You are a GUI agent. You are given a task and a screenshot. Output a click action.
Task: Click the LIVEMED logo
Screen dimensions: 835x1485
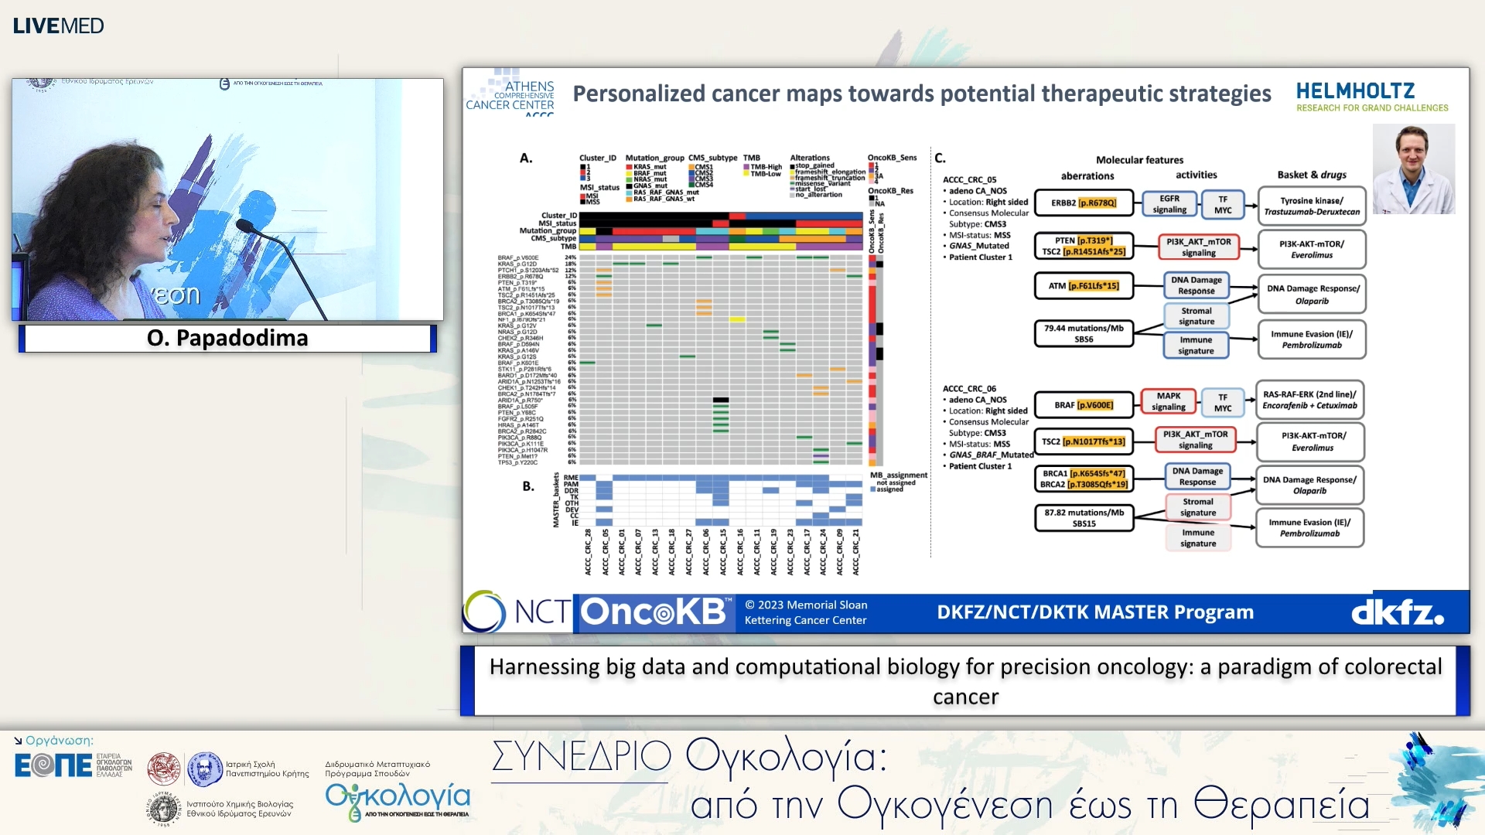[58, 26]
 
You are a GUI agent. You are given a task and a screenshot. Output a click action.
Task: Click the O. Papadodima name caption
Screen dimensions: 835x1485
[227, 338]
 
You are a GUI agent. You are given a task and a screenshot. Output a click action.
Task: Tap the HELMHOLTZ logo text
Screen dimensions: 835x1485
[1355, 91]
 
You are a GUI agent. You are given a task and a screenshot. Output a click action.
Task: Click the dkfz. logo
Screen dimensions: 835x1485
[1397, 613]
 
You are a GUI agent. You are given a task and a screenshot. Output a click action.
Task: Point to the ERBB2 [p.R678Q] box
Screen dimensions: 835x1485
[1084, 203]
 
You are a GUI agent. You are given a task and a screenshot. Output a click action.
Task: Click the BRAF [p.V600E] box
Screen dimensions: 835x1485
[1084, 404]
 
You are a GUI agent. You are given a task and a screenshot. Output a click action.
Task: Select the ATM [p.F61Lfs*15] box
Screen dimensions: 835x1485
[1084, 285]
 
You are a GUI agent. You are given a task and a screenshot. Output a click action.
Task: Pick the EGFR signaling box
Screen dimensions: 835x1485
[1169, 204]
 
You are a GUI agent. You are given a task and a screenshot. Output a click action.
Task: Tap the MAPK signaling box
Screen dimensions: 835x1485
[1168, 401]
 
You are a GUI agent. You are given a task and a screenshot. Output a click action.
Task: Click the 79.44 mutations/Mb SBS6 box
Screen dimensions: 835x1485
[1084, 333]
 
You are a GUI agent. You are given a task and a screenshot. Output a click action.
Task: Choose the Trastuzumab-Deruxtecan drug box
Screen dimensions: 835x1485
[1312, 206]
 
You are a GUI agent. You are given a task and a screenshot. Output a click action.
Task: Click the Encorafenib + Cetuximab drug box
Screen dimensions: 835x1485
[1309, 400]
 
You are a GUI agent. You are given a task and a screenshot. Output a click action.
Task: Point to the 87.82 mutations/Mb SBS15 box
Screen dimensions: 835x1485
[1084, 517]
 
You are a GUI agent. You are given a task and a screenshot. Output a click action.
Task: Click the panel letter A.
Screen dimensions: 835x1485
[526, 158]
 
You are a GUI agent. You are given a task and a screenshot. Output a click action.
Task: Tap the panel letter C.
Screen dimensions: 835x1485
[940, 158]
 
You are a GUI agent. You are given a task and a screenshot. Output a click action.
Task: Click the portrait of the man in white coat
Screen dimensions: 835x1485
[1413, 169]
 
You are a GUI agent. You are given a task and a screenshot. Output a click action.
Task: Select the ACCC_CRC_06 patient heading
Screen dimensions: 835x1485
[969, 389]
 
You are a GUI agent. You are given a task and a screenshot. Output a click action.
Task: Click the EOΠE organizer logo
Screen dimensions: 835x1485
[53, 765]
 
